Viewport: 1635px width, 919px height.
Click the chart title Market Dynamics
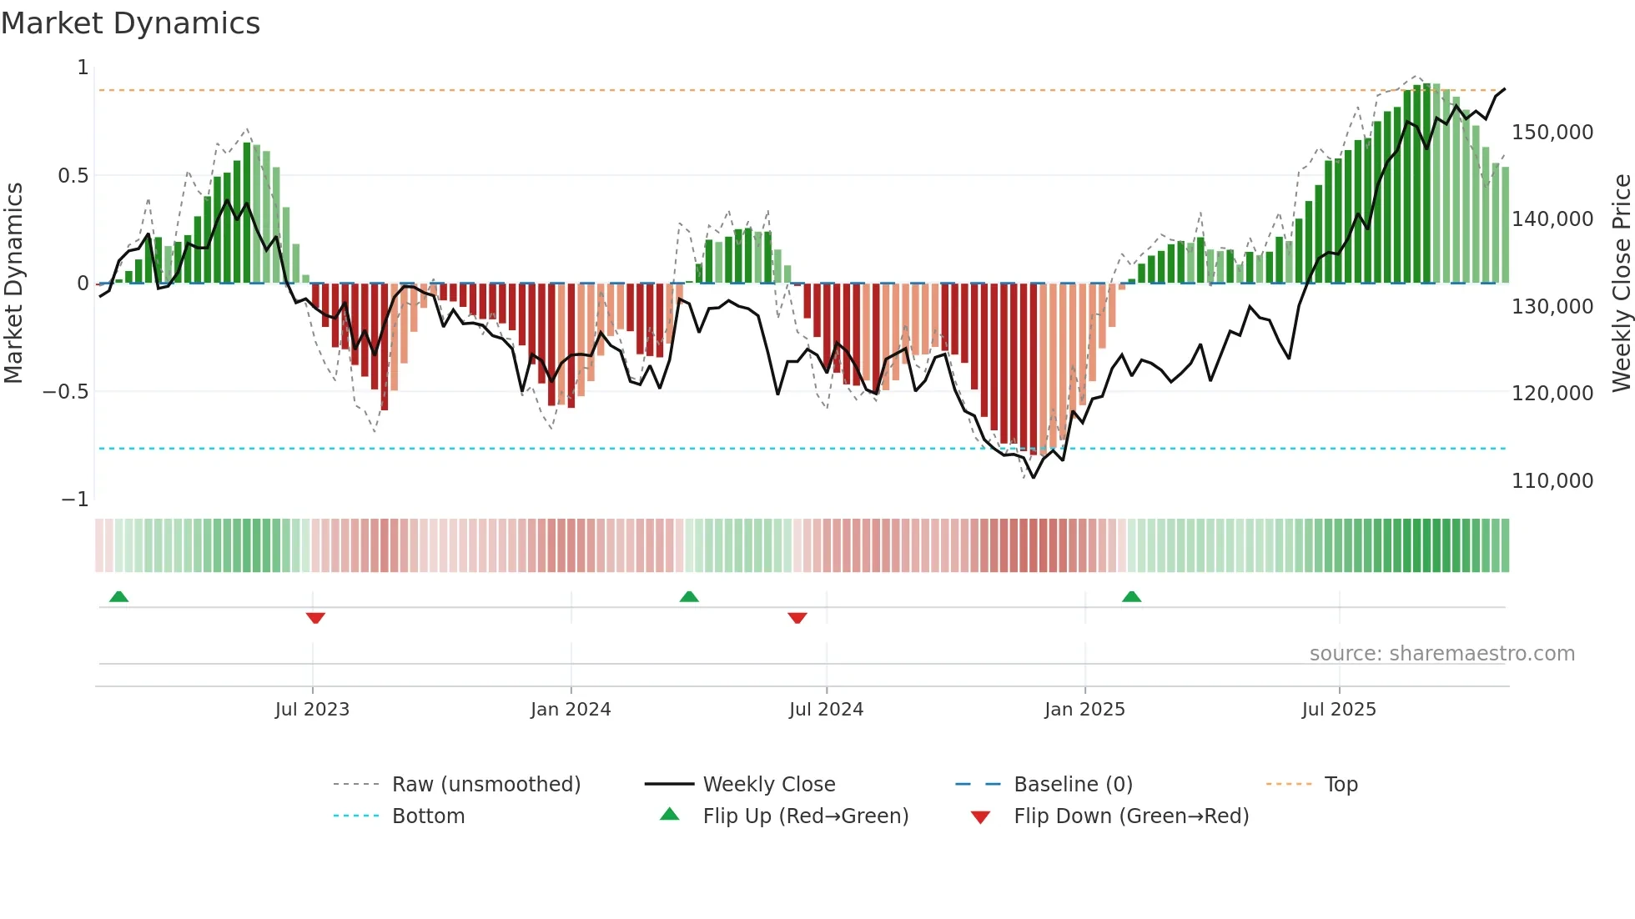130,23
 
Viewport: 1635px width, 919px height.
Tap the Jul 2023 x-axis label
312,710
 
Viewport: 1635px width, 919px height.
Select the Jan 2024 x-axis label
571,710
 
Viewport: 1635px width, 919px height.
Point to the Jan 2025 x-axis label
1084,710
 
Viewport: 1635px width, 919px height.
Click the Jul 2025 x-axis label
1339,710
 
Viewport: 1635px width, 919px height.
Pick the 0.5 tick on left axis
73,176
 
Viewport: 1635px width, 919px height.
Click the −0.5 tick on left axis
66,392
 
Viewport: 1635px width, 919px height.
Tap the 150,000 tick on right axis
1552,133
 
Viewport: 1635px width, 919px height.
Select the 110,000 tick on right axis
1552,481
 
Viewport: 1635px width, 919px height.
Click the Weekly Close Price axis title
1621,283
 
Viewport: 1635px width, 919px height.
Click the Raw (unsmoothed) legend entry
485,785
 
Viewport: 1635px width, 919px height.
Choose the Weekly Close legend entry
768,785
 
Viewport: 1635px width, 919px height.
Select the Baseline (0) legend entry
1073,785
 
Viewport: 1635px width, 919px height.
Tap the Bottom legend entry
428,816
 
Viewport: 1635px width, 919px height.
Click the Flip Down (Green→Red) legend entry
1130,816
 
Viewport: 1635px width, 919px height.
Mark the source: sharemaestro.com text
1441,654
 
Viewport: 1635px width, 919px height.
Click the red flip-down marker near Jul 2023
315,618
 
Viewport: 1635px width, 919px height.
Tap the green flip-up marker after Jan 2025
1131,596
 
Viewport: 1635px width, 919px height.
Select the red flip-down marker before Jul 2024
797,618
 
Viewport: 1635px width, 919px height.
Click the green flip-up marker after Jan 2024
689,596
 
